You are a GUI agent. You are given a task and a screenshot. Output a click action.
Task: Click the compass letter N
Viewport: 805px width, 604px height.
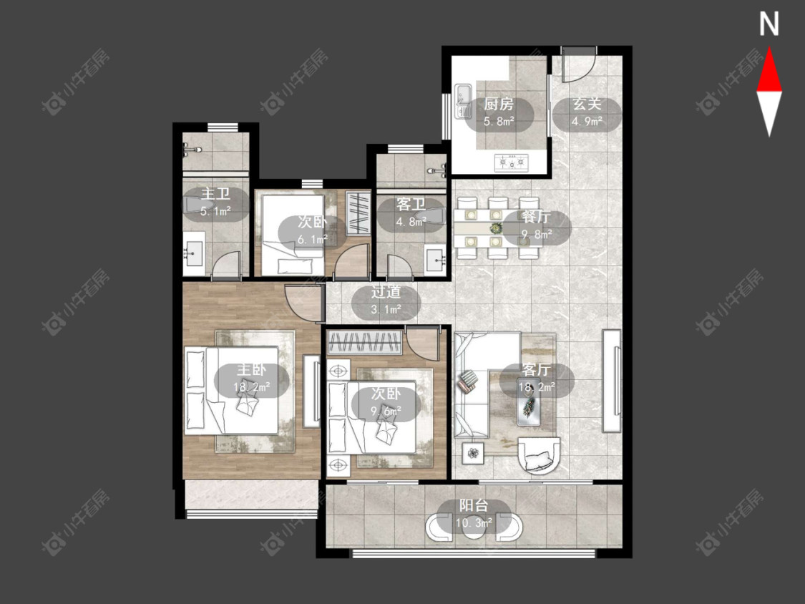pos(769,24)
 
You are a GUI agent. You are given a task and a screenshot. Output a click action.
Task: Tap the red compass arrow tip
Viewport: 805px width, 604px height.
pos(769,48)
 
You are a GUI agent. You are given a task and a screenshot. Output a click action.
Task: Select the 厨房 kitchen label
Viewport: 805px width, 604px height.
pos(499,104)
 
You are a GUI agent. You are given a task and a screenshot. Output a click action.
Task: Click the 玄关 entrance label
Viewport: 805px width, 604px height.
pos(587,104)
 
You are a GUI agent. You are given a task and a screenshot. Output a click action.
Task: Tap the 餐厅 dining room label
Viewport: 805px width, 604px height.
pos(537,217)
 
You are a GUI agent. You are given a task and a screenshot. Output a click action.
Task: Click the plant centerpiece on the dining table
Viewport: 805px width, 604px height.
pos(495,228)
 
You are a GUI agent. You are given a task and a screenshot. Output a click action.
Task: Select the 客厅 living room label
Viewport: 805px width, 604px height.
pos(537,370)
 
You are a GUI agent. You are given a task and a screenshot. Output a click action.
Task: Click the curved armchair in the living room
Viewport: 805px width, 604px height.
pos(538,455)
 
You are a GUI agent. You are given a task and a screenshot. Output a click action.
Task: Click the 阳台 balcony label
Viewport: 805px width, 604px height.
pos(474,505)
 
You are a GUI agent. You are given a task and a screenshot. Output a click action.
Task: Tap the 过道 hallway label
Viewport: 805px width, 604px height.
pos(386,292)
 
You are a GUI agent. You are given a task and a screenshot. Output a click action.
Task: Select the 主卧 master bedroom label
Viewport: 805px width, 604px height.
pos(251,370)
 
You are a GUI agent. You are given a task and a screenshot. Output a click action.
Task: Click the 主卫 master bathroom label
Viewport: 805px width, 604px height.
pos(215,194)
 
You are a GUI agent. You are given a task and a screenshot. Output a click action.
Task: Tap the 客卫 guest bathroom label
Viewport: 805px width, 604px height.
pos(411,205)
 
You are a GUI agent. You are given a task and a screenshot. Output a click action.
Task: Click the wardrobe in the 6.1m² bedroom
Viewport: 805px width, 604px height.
pos(358,213)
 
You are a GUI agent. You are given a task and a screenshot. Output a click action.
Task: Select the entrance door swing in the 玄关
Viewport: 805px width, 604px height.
pos(579,64)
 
